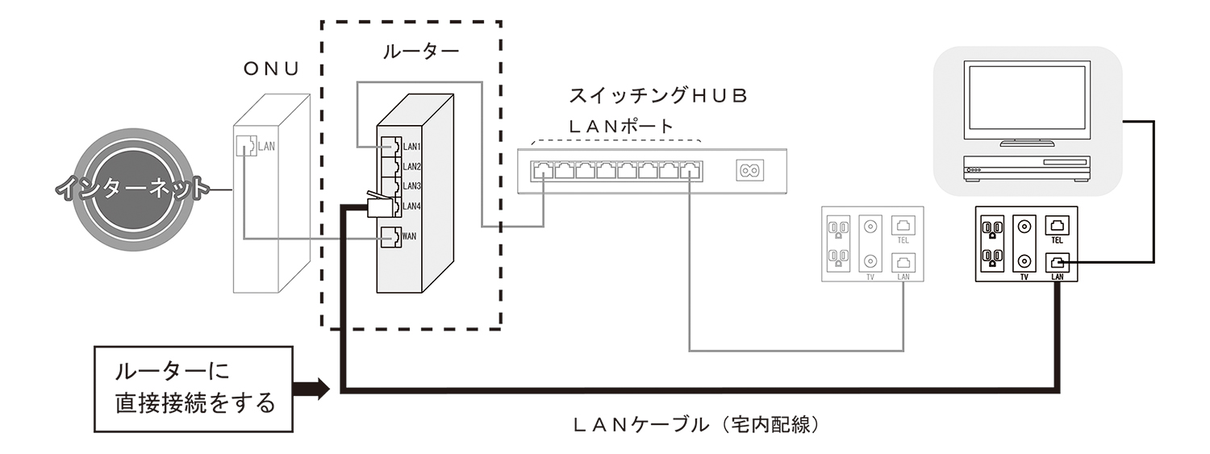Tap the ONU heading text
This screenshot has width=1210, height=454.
click(x=272, y=69)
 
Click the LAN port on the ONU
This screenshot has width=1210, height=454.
click(x=244, y=146)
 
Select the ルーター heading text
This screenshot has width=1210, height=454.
click(x=419, y=53)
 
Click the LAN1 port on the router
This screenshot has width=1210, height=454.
click(x=390, y=147)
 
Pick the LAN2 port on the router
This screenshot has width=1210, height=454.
click(x=390, y=167)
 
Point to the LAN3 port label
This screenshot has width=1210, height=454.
click(x=412, y=186)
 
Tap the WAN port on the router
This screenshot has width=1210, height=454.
click(x=390, y=237)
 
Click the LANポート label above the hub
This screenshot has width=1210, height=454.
click(x=620, y=127)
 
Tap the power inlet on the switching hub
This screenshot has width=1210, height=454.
click(x=748, y=170)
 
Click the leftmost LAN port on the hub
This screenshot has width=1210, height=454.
click(x=543, y=170)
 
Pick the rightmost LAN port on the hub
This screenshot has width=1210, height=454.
click(x=690, y=170)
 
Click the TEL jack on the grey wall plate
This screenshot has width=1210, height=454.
click(x=902, y=226)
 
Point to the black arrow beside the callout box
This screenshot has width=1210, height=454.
click(x=311, y=389)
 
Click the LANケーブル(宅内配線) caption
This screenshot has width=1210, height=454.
click(x=698, y=423)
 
